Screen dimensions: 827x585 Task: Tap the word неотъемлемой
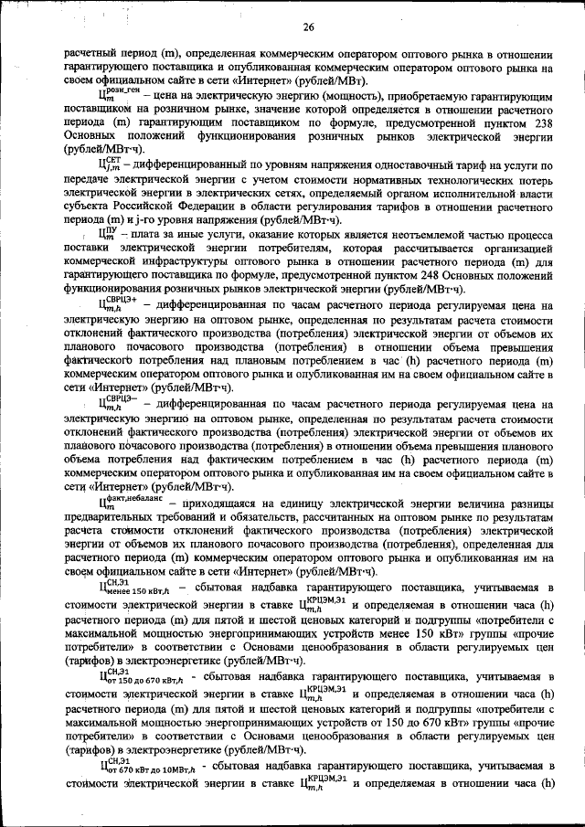[396, 234]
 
